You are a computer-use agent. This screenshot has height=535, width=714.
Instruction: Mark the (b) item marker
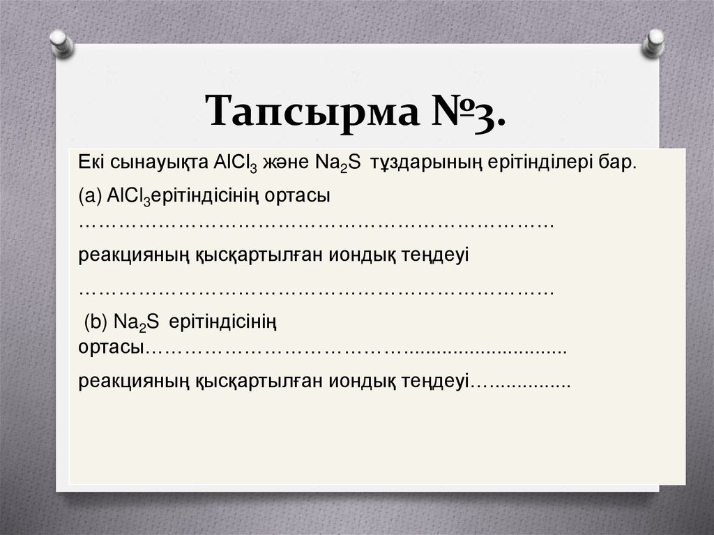pos(96,322)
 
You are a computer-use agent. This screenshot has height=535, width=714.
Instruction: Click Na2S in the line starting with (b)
pos(135,322)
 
